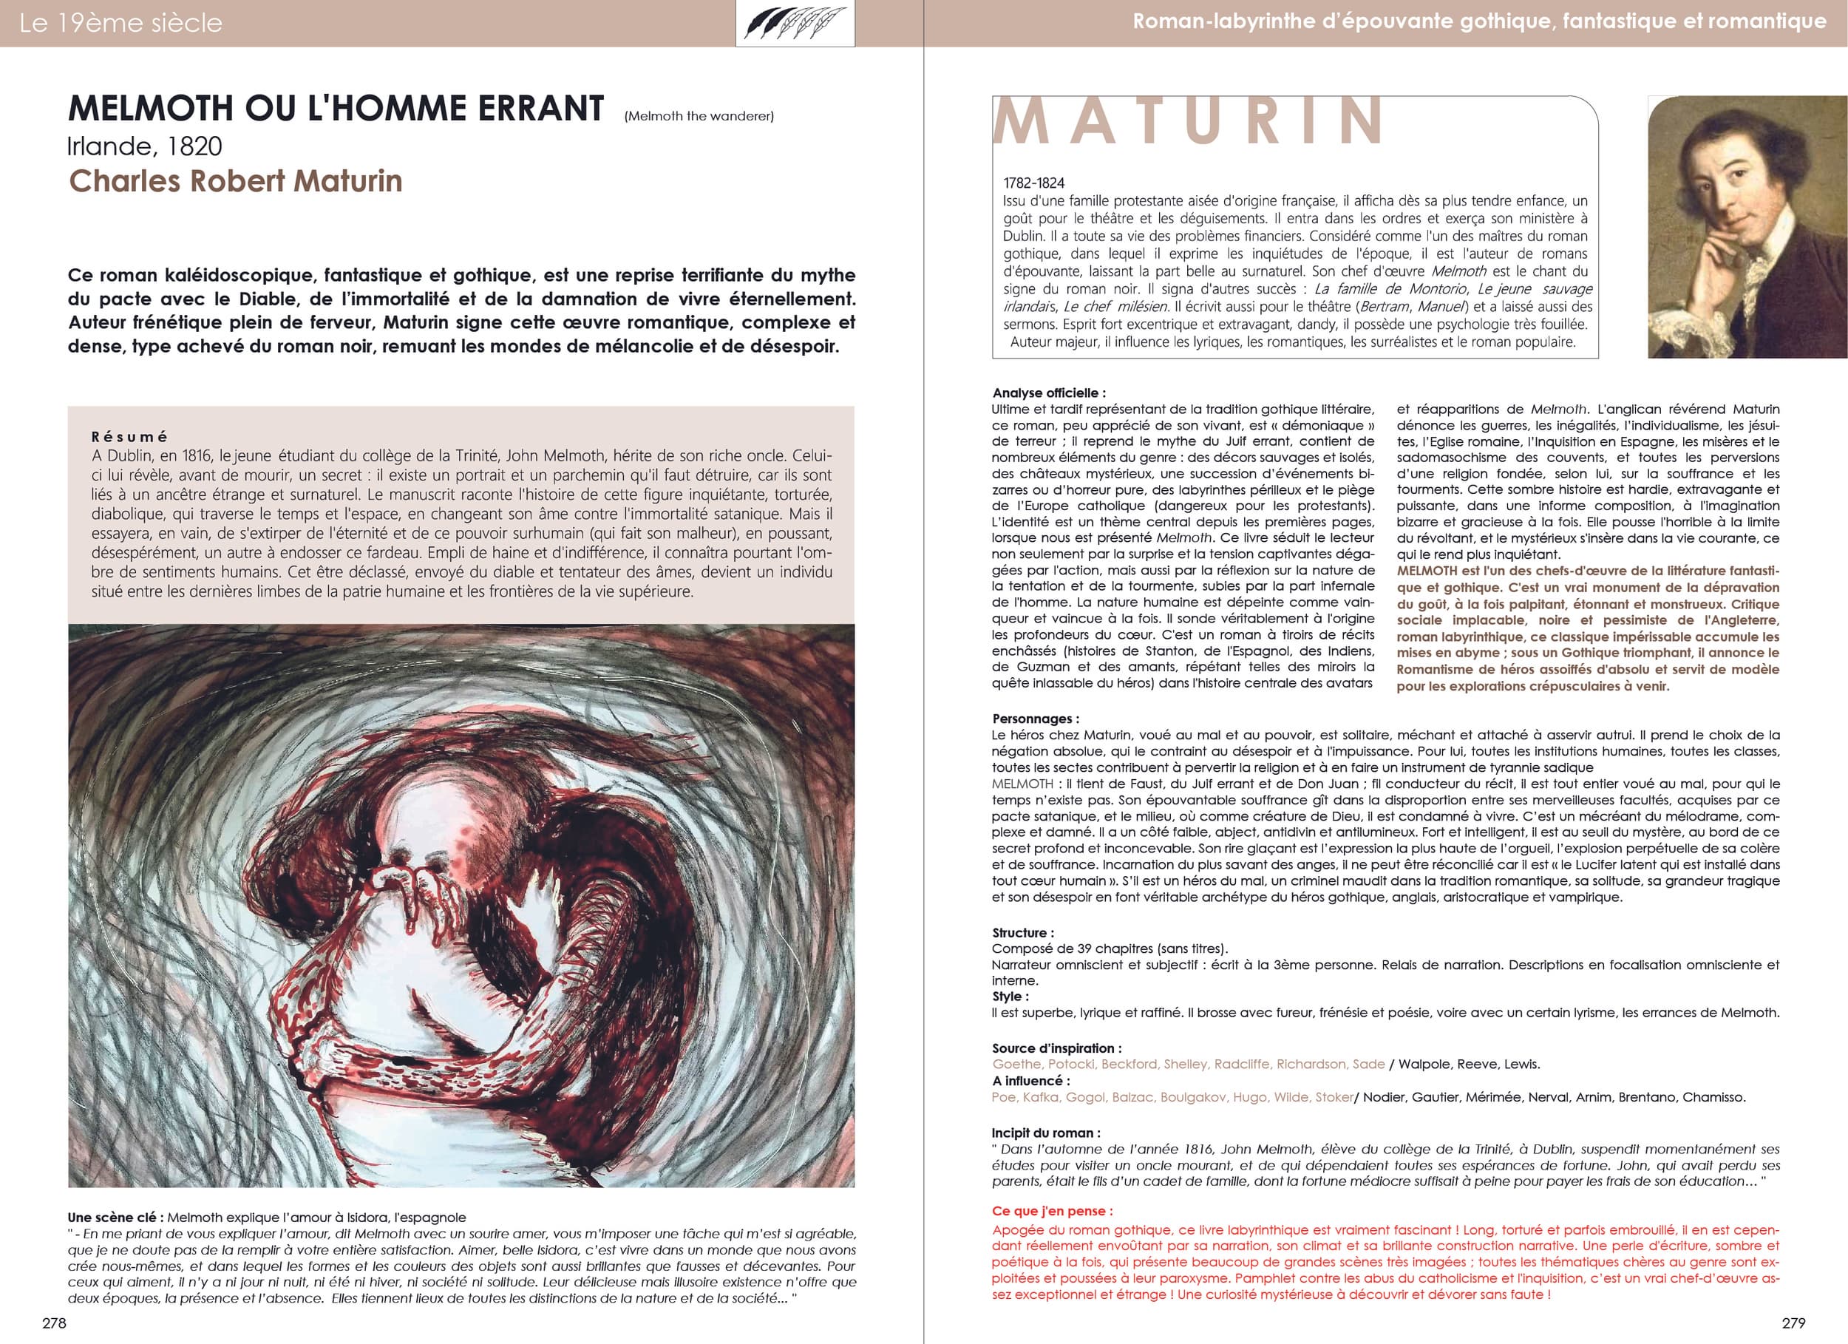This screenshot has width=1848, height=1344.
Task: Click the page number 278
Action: [54, 1323]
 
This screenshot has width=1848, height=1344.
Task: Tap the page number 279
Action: [1793, 1323]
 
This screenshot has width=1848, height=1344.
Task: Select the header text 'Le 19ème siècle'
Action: [120, 23]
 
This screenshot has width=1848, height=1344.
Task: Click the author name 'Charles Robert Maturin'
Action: [236, 181]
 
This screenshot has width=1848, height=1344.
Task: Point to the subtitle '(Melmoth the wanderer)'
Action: [699, 116]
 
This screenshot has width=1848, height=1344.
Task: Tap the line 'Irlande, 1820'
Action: [145, 146]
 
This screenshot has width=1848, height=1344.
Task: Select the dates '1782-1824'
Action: [1033, 183]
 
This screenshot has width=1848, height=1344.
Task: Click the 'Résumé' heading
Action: [129, 437]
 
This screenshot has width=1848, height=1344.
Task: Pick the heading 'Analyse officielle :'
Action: [1049, 393]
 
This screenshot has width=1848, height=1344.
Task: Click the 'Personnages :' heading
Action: [1035, 719]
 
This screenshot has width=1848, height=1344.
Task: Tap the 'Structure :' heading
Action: [1022, 932]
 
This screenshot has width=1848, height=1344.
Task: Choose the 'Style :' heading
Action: [1010, 996]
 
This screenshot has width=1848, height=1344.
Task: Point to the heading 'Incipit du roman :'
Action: [1045, 1133]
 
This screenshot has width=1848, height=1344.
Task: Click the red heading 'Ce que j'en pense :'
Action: [1052, 1211]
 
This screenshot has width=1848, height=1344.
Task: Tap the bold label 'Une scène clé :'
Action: [116, 1218]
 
